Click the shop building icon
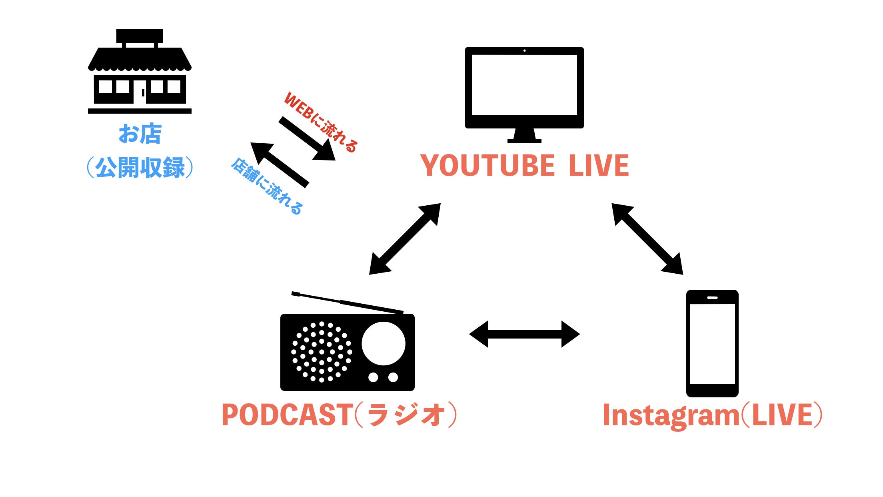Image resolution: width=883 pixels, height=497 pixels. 140,76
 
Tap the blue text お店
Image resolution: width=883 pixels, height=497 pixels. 140,134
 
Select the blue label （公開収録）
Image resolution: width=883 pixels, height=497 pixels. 140,168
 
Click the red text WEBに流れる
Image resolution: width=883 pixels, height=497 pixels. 320,122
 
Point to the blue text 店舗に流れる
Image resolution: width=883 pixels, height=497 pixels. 267,186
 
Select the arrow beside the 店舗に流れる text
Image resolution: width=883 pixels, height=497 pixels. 280,164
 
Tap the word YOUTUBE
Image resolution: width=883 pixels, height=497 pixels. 487,166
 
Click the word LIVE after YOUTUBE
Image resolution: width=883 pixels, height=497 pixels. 599,166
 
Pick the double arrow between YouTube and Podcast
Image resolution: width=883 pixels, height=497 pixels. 405,239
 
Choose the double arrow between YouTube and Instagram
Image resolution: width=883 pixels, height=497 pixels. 647,239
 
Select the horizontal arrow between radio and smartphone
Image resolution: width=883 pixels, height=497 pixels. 524,334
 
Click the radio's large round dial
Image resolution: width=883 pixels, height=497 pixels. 384,344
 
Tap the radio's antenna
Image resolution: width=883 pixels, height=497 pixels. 347,302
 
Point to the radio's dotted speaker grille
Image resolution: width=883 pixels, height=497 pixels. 322,352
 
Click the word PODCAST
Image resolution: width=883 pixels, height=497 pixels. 286,415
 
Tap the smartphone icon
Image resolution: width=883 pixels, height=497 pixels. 712,343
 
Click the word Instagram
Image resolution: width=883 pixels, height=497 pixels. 671,416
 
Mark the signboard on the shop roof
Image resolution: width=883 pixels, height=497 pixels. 140,36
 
